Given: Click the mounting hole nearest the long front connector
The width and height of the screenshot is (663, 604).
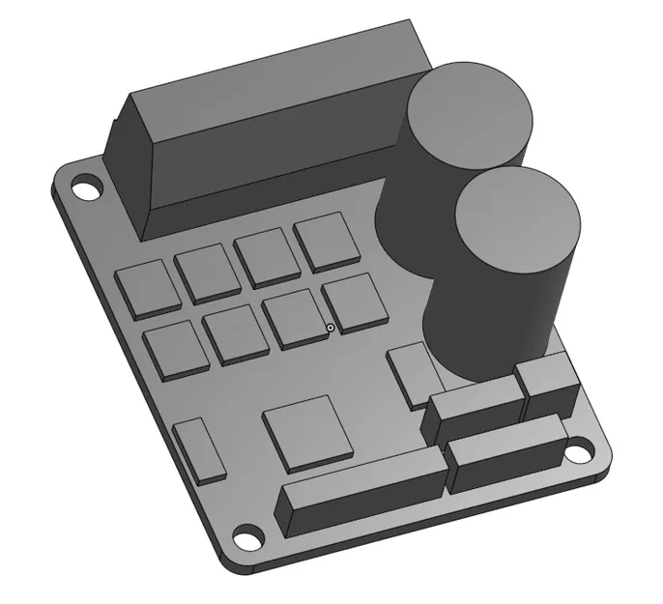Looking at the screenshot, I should [x=247, y=537].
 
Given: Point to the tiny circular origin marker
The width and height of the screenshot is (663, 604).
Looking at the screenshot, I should [x=331, y=329].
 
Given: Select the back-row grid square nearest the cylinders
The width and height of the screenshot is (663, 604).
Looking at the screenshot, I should [x=327, y=240].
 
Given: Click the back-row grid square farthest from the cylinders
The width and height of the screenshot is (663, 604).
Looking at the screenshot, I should [x=147, y=287].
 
